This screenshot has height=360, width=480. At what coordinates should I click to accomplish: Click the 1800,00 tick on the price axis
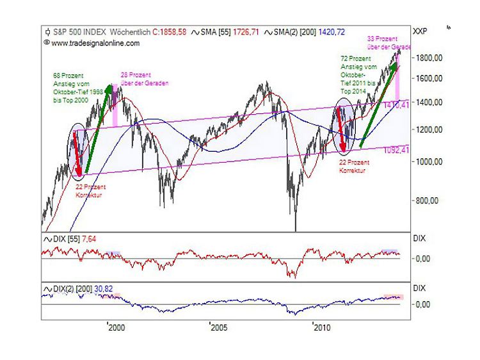coord(428,58)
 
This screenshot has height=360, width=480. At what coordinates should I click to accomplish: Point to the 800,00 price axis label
coord(426,200)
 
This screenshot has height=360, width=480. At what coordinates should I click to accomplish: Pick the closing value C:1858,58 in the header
coord(170,31)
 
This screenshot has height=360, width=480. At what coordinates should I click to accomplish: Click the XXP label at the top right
coord(420,31)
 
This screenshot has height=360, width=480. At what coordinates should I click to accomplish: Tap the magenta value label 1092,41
coord(397,151)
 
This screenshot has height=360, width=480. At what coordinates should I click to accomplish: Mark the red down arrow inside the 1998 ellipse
coord(77,154)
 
